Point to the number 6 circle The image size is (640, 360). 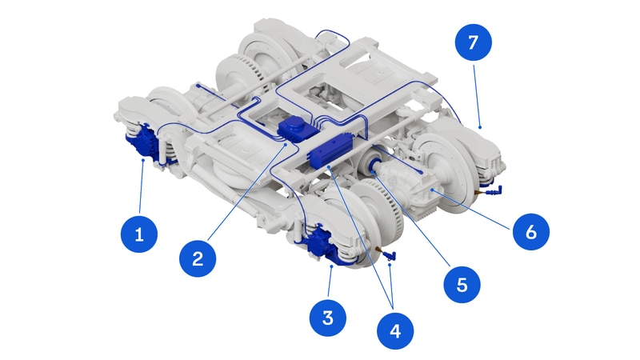530,232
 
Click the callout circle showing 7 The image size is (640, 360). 473,42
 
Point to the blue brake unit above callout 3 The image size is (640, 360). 322,244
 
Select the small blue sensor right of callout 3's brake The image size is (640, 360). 390,255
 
